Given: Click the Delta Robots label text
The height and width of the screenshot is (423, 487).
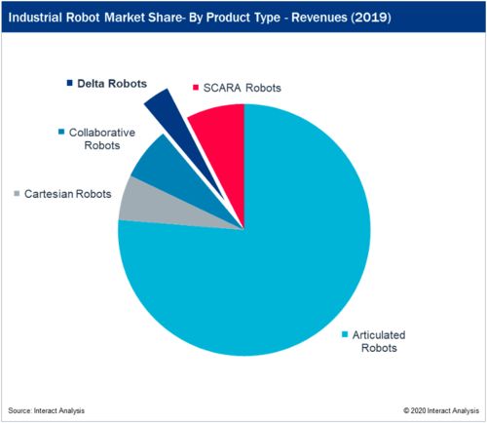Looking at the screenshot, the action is pos(112,84).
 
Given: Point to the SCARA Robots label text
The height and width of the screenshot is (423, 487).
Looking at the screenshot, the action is pos(242,88).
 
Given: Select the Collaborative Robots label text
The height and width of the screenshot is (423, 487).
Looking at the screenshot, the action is pos(102,139).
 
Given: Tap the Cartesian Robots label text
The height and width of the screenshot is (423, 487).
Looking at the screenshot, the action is pos(68,194).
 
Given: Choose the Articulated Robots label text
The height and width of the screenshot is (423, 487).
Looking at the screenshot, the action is pos(379,341).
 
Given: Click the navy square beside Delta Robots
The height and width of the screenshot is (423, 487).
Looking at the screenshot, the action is pos(69,83).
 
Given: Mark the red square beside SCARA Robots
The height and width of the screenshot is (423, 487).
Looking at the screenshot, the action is pos(196,87).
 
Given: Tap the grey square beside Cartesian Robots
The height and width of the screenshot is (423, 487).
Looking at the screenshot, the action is pos(17,193).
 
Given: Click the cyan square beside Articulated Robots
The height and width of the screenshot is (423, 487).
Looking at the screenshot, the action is pos(345,334).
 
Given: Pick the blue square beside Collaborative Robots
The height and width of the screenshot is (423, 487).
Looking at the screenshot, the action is pos(61,132).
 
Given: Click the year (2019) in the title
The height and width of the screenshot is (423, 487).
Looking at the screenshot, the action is pos(370,18).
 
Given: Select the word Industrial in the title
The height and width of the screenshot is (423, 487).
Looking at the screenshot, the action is pos(35,18).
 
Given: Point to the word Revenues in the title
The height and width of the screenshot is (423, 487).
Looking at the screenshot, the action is pos(319,18).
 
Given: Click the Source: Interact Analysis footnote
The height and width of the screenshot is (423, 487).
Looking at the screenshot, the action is pos(46,410).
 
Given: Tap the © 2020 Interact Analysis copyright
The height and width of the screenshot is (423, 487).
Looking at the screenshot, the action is pos(441,410).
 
